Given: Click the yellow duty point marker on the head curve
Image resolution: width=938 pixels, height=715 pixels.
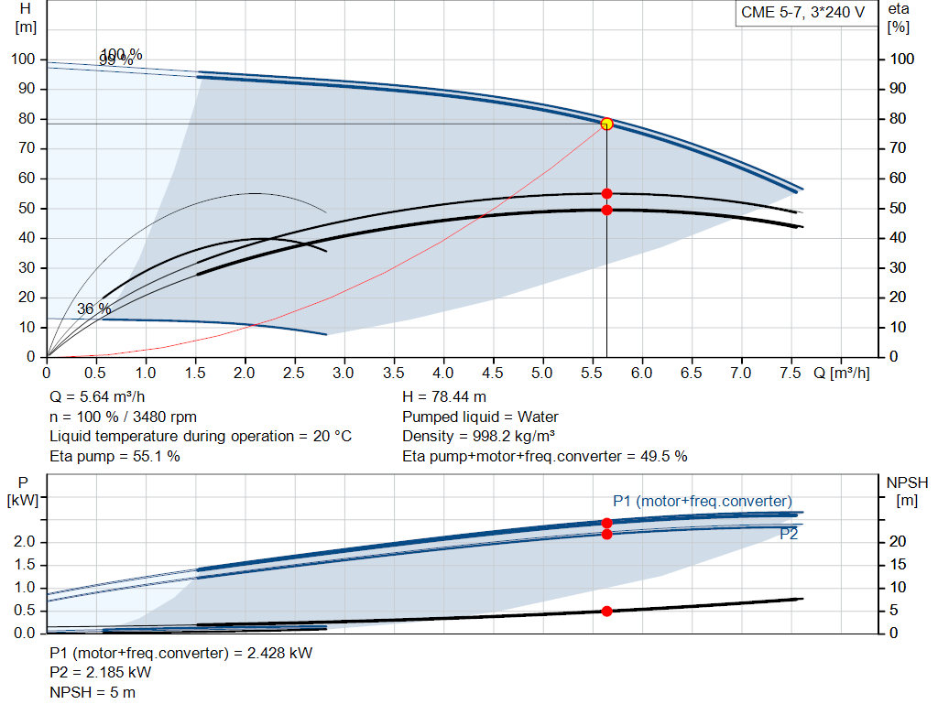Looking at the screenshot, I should click(x=606, y=124).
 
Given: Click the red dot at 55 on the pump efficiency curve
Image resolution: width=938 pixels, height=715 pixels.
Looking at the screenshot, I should click(x=606, y=193).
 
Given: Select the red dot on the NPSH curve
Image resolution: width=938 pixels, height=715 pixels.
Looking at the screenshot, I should click(x=606, y=611).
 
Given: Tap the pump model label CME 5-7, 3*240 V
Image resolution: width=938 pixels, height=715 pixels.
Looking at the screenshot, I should click(x=802, y=13).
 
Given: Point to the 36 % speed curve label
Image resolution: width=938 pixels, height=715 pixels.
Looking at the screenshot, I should click(x=93, y=309).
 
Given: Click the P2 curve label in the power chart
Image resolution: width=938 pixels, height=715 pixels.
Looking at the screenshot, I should click(x=789, y=534).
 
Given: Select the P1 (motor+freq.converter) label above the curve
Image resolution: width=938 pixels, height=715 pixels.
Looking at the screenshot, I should click(x=702, y=501).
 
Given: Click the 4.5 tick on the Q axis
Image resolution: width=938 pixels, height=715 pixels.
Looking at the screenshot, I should click(x=493, y=374).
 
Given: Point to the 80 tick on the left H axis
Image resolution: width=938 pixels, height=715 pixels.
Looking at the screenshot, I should click(x=25, y=119).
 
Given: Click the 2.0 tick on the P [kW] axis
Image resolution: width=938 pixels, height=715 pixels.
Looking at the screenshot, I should click(x=25, y=542).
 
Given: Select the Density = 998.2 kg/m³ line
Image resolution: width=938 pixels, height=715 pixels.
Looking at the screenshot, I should click(x=479, y=436).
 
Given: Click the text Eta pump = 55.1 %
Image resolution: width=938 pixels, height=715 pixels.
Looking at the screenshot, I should click(x=115, y=456).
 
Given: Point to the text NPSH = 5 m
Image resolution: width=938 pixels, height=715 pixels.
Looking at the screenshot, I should click(x=93, y=692).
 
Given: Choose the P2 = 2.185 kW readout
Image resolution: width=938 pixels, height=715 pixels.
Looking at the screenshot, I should click(x=100, y=672).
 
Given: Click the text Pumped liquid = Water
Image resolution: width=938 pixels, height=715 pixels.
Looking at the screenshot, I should click(x=480, y=417).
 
